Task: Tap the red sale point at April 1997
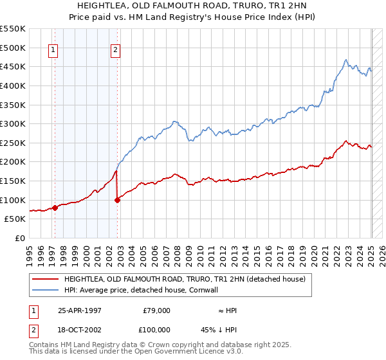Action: pos(55,208)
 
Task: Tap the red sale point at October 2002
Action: pos(118,200)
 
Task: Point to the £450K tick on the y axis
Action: pos(13,66)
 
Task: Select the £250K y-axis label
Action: pos(13,143)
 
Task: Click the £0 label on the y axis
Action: pos(20,238)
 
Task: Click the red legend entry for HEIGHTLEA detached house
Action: pos(188,280)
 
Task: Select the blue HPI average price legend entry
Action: pos(141,290)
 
